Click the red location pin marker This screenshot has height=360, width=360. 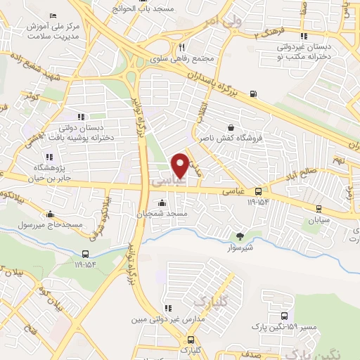180,165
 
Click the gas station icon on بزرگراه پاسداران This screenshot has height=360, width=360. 253,94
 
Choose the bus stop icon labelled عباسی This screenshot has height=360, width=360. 259,191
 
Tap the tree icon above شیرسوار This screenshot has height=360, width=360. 239,236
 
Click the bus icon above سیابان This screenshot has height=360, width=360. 319,208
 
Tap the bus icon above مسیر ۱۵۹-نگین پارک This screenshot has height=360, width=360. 284,316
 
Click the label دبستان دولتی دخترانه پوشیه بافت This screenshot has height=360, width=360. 81,134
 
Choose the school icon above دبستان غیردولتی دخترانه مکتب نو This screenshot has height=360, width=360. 303,36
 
